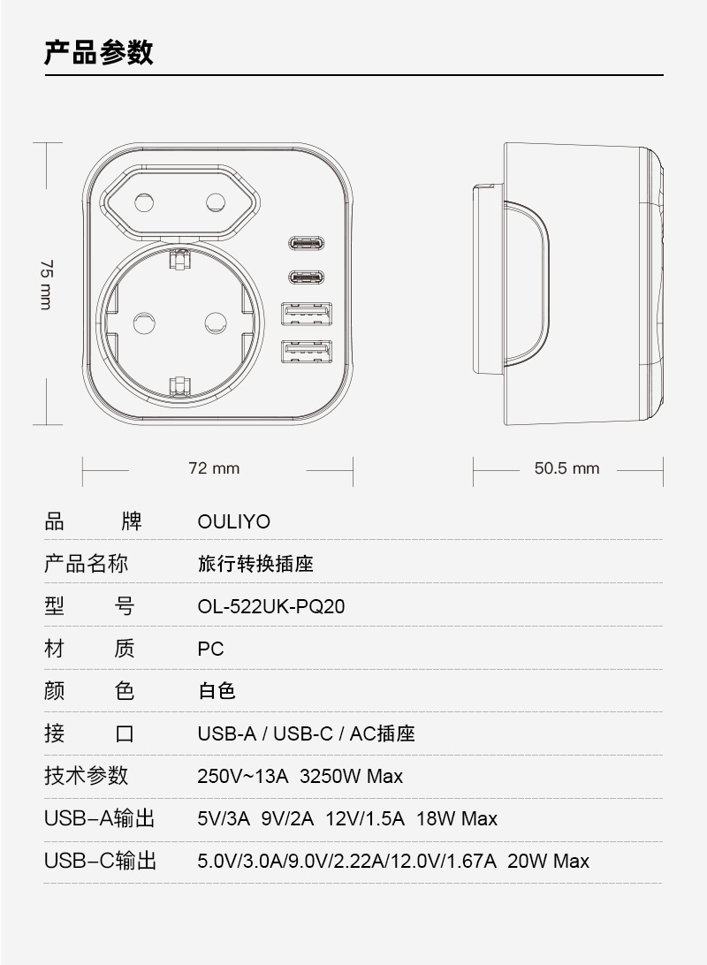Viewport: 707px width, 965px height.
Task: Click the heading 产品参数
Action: pyautogui.click(x=99, y=52)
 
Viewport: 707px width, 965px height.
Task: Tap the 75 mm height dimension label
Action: pyautogui.click(x=45, y=284)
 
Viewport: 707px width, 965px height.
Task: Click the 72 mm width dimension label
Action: pyautogui.click(x=214, y=468)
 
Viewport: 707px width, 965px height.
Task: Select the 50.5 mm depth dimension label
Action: pyautogui.click(x=566, y=468)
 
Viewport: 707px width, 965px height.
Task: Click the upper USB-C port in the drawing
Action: pyautogui.click(x=306, y=243)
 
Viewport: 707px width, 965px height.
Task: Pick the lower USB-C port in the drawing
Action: pyautogui.click(x=306, y=277)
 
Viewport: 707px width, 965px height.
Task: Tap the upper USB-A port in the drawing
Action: pyautogui.click(x=307, y=315)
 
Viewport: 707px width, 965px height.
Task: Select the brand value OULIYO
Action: pyautogui.click(x=233, y=521)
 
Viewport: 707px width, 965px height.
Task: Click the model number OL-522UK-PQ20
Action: pyautogui.click(x=270, y=607)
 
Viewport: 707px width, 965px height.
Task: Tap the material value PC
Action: pyautogui.click(x=210, y=650)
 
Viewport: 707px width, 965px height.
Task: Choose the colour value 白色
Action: pyautogui.click(x=217, y=691)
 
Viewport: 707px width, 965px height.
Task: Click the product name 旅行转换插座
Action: pyautogui.click(x=255, y=564)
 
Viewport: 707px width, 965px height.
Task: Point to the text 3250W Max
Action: pyautogui.click(x=352, y=777)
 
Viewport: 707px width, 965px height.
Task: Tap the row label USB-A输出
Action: pyautogui.click(x=100, y=819)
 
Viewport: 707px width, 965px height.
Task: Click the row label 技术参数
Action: pyautogui.click(x=87, y=776)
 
